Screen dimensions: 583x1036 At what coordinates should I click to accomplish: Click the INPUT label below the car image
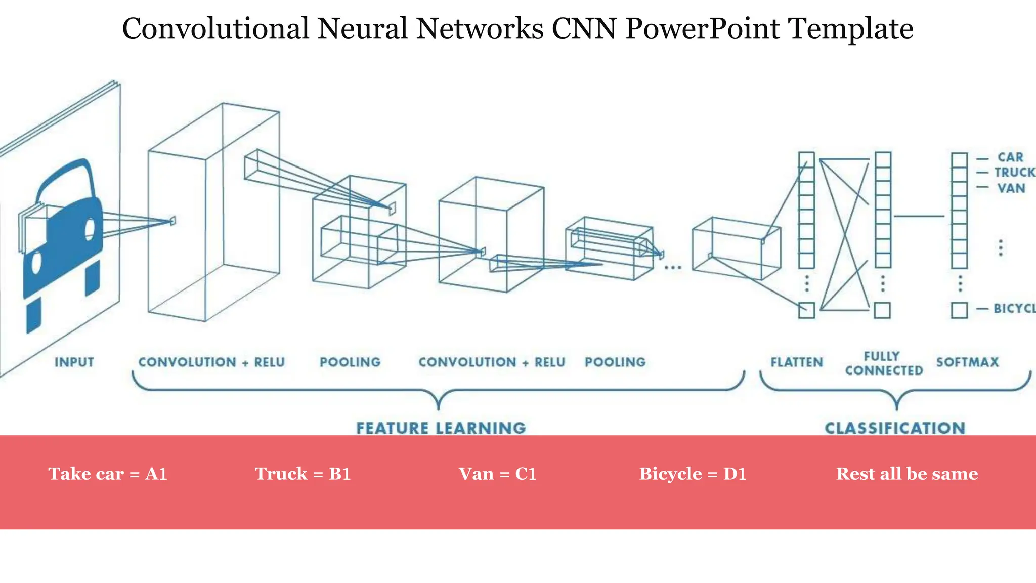click(74, 362)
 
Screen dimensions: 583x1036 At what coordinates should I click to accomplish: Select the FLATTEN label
click(797, 362)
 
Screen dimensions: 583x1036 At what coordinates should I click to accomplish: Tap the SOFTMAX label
click(967, 362)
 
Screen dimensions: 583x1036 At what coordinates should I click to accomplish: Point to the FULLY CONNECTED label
click(884, 363)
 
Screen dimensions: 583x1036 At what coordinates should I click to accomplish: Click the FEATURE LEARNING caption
click(441, 428)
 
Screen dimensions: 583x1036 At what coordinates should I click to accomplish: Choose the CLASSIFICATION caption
click(895, 428)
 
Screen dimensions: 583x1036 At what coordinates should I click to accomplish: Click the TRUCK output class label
click(1014, 173)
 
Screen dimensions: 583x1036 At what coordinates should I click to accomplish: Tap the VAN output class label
click(1011, 188)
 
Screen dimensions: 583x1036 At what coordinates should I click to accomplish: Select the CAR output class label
click(1010, 157)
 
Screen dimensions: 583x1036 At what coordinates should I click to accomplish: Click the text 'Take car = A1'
click(108, 474)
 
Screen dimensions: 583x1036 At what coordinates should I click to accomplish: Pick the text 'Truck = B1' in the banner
click(303, 474)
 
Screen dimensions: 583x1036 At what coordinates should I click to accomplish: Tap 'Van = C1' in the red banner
click(497, 474)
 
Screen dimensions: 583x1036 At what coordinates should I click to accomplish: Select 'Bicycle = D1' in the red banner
click(693, 474)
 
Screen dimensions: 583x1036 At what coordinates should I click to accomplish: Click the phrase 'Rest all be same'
click(906, 474)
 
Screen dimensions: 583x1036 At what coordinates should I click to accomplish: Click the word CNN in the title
click(584, 28)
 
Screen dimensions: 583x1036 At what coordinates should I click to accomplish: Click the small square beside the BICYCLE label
click(959, 310)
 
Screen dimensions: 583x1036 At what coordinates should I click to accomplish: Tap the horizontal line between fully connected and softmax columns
click(919, 216)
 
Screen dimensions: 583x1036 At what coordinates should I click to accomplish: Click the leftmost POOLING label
click(350, 362)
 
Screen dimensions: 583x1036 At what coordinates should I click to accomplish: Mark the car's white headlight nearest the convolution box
click(90, 229)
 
